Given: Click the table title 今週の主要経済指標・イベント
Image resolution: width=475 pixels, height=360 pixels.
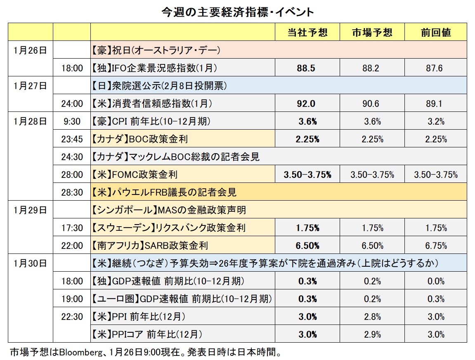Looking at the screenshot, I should [237, 12].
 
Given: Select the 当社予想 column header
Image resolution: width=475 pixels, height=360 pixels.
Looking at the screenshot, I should [307, 33].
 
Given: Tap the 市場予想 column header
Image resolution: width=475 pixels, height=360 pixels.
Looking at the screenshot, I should [371, 33].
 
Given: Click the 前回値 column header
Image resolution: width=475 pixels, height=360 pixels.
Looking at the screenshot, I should [435, 33].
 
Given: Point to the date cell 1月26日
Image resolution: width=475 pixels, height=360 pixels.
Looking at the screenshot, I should [30, 50].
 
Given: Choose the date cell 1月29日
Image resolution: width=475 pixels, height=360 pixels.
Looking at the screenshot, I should [30, 210].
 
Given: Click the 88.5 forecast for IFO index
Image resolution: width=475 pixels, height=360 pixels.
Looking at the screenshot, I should [306, 68].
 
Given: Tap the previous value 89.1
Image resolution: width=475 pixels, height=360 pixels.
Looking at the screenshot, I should [435, 104].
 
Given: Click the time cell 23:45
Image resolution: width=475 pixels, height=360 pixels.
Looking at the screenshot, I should [72, 139].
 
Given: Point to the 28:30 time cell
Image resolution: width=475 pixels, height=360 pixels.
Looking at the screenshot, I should [72, 192].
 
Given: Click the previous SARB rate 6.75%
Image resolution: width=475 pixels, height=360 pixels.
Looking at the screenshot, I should [435, 246].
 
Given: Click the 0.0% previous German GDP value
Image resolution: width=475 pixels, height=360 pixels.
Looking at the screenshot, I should [435, 281].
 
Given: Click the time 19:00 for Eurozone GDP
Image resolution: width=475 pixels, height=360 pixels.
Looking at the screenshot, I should [72, 299].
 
